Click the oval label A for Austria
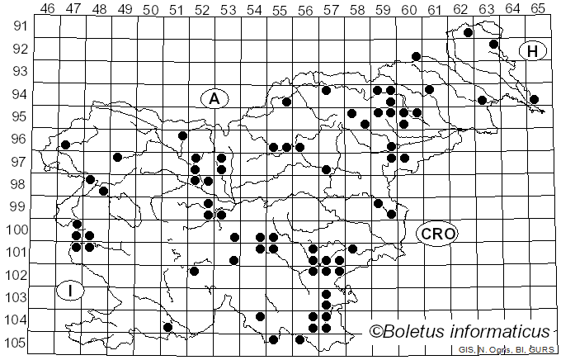coord(214,98)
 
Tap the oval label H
coord(533,52)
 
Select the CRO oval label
coord(436,234)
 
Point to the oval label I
coord(72,290)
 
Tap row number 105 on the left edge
coord(16,343)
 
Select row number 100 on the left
coord(16,230)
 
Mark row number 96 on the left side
coord(16,140)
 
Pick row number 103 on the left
coord(16,297)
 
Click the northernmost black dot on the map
coord(468,33)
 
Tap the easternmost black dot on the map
coord(534,99)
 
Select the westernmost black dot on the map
coord(65,145)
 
